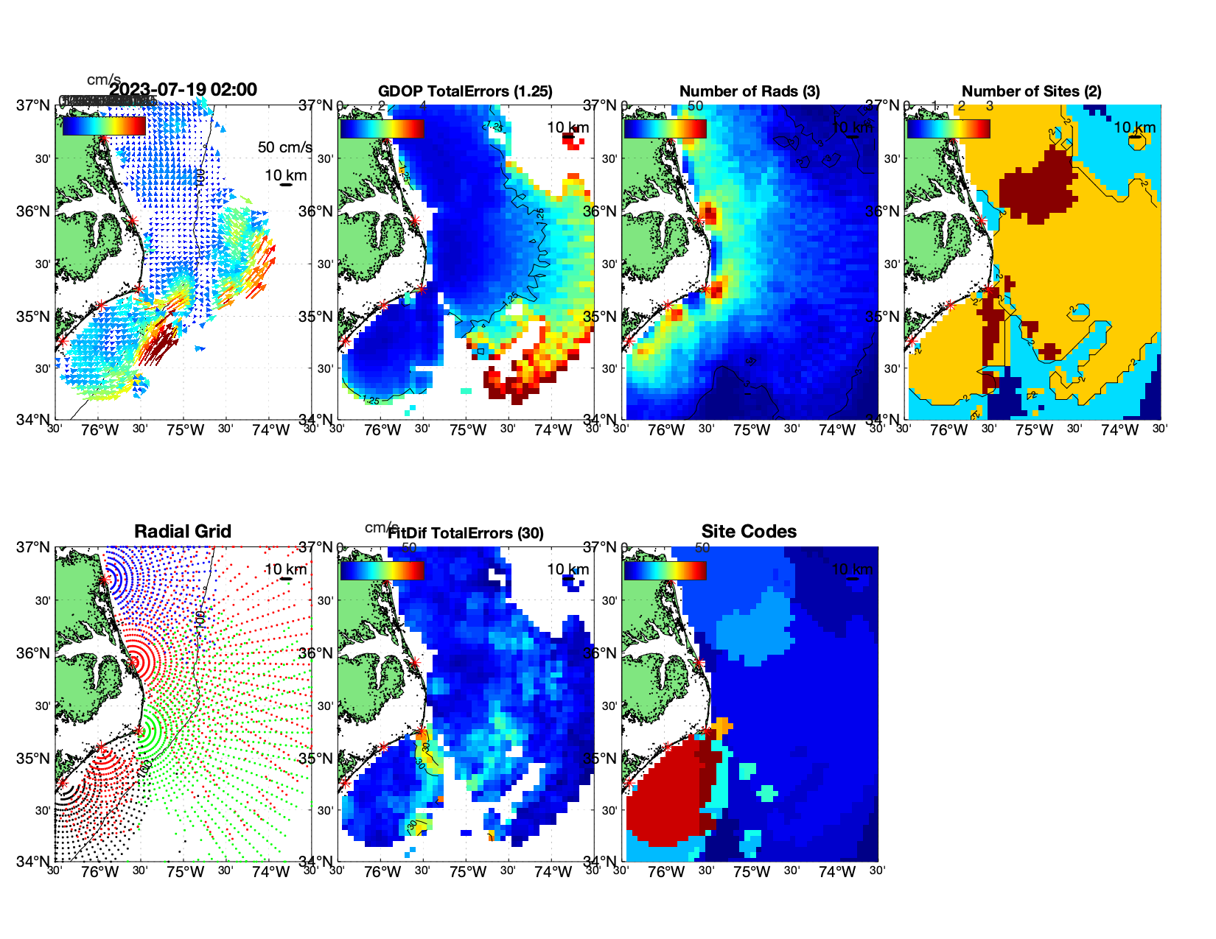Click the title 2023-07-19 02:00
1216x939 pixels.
pos(184,90)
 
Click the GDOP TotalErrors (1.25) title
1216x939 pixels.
pos(465,91)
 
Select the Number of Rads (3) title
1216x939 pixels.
pos(749,91)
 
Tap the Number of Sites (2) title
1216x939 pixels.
pos(1031,91)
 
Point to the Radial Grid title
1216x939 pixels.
pos(183,532)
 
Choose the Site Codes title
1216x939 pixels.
pos(749,532)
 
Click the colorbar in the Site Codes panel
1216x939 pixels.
pos(665,571)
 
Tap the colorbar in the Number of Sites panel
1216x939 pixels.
pos(948,129)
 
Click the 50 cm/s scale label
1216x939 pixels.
pos(284,147)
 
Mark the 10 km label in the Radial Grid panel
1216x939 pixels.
pos(285,569)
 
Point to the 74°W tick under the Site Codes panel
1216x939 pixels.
pos(836,872)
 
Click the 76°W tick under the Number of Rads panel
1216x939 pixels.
pos(666,430)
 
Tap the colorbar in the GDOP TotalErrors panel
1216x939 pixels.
pos(382,129)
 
